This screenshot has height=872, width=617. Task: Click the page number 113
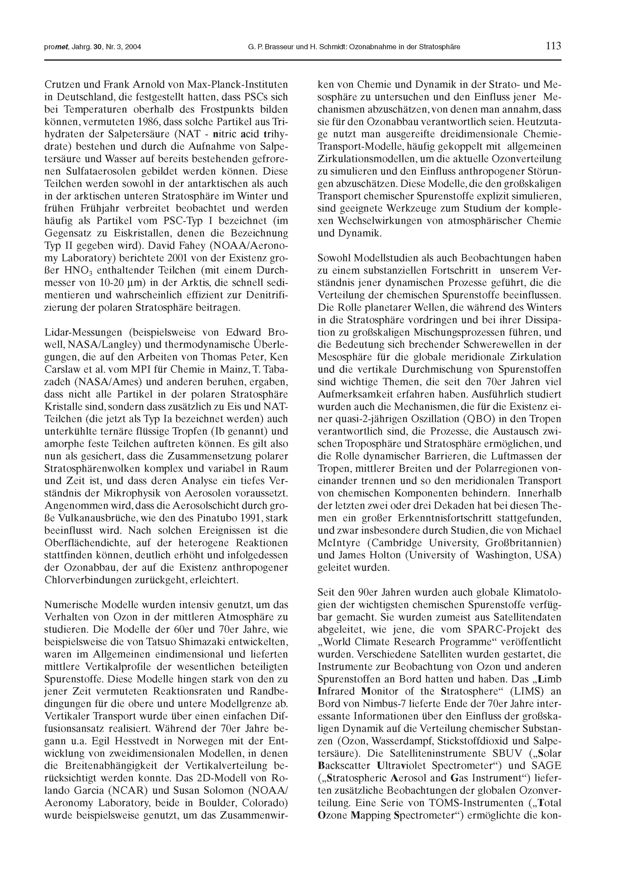553,46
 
